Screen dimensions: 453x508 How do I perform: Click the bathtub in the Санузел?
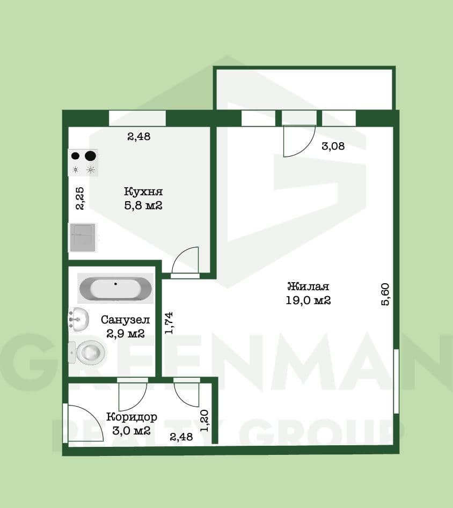[115, 288]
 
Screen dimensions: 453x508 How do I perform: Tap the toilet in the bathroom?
[87, 352]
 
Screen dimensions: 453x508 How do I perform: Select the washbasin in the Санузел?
[78, 320]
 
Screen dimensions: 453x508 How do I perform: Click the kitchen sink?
[82, 238]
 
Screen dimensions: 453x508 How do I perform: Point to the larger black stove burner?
[91, 156]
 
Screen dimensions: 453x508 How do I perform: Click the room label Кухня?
[143, 192]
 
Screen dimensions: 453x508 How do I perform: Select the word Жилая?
[308, 286]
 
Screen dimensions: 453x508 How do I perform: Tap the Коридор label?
[131, 417]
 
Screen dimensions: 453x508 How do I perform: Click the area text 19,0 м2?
[308, 300]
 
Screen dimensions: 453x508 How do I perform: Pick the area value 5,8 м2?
[143, 205]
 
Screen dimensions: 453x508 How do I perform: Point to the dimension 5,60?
[385, 294]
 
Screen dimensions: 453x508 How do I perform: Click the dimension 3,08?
[333, 146]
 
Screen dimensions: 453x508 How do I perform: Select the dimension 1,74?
[169, 323]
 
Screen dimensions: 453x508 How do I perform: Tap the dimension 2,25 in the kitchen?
[79, 198]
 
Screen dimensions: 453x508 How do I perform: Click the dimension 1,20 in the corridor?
[204, 421]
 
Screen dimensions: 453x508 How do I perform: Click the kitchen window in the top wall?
[137, 118]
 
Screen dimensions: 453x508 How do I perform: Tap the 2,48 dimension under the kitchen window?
[139, 136]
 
